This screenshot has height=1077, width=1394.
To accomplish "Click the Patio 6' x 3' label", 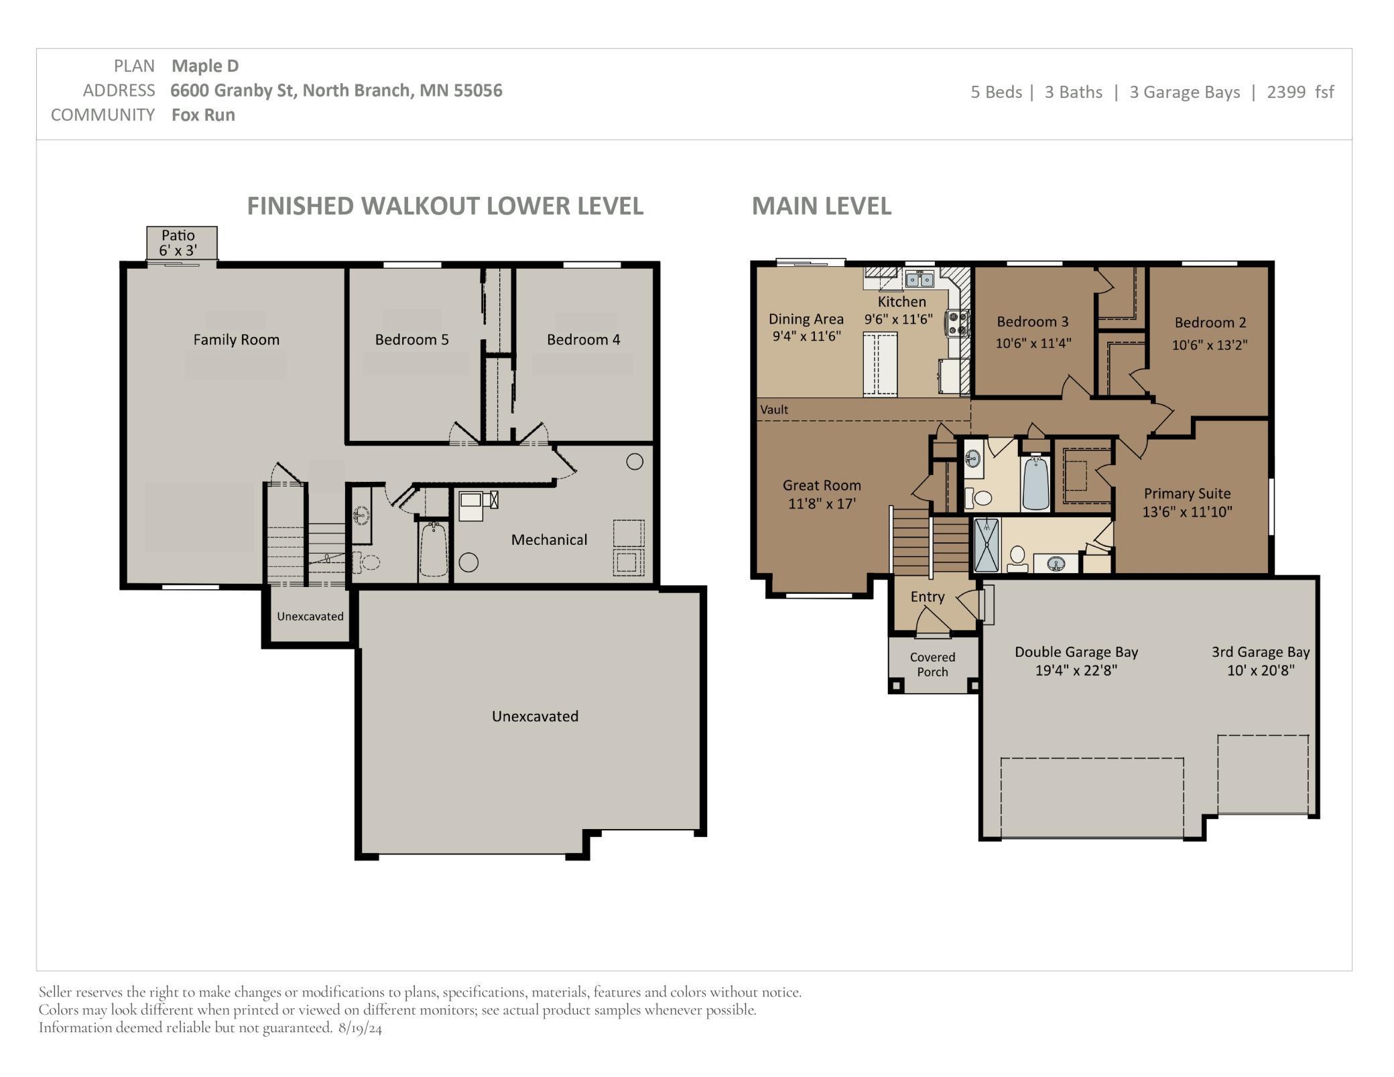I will click(x=178, y=243).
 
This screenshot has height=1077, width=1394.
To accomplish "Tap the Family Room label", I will click(x=236, y=340).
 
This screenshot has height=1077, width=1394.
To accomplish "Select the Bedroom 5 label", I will click(x=411, y=340).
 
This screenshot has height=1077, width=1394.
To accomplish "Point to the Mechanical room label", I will click(x=549, y=540).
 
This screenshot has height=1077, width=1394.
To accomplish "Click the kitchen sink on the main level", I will click(x=919, y=279).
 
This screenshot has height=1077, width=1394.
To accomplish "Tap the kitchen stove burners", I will click(x=956, y=322).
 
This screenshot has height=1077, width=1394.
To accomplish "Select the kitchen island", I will click(x=880, y=364).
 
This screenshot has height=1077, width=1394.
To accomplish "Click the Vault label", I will click(x=774, y=409).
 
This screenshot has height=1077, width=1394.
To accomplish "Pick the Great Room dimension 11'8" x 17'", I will click(x=822, y=504).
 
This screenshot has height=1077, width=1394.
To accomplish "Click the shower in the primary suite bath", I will click(x=986, y=545).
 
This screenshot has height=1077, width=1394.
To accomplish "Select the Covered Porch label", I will click(x=932, y=664).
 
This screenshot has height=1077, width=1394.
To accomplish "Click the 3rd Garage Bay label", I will click(x=1260, y=652).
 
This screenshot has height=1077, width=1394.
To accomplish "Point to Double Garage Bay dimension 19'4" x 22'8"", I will click(x=1076, y=670).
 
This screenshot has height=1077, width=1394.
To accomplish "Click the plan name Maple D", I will click(x=205, y=66).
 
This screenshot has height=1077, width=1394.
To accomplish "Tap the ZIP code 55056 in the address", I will click(x=478, y=90).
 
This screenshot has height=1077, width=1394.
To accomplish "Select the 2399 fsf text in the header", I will click(x=1300, y=92).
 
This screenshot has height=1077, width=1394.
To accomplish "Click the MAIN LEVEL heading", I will click(x=821, y=206).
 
